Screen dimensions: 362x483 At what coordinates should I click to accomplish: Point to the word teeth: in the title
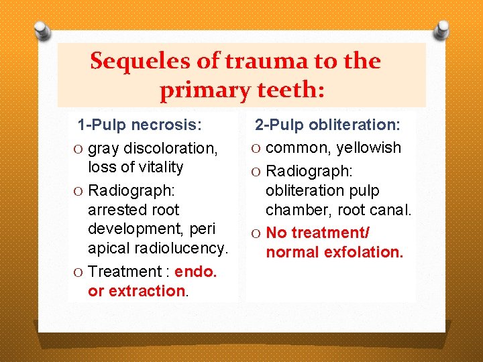294,88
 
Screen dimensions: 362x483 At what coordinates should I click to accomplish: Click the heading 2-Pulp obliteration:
327,125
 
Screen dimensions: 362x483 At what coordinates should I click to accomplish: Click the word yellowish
368,147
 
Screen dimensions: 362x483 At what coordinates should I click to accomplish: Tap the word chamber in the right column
294,210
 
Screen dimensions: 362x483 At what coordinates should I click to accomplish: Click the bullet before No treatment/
257,233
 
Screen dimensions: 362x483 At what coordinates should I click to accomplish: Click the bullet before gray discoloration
79,148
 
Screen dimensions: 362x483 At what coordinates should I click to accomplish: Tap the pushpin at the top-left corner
42,30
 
